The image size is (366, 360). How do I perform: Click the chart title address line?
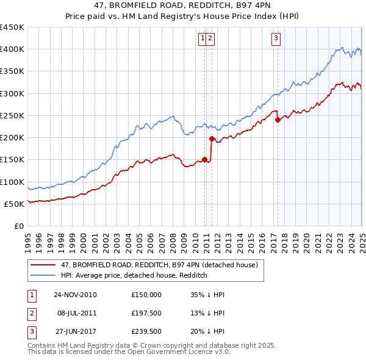coord(182,7)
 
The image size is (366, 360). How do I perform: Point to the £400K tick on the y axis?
coord(12,49)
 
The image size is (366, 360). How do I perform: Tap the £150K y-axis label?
coord(12,160)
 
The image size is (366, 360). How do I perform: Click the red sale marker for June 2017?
coord(278,120)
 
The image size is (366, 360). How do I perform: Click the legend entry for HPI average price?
coord(134,275)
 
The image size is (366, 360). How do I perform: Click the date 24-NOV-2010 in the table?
coord(75,294)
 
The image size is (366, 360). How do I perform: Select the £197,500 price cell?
coord(146,314)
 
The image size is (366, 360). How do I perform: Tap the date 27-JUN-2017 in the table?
coord(75,333)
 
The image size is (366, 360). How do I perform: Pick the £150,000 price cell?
coord(146,294)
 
